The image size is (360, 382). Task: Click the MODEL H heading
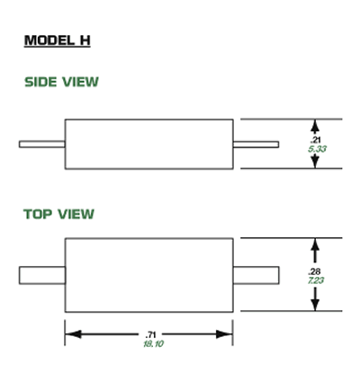pos(57,40)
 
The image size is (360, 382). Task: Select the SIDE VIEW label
pos(61,82)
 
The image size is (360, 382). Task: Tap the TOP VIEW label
pos(58,214)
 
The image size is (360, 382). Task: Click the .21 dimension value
pos(315,139)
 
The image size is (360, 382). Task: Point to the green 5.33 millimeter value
pos(317,149)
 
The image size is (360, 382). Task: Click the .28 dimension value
pos(314,271)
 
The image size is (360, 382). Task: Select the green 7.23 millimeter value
pos(316,280)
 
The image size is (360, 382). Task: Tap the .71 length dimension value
pos(150,334)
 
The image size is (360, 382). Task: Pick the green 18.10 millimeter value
pos(153,344)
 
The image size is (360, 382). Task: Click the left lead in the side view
pos(42,145)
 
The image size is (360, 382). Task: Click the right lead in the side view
pos(256,145)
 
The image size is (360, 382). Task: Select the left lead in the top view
pos(42,275)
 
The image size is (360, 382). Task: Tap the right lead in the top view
pos(256,275)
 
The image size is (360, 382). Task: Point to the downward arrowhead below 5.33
pos(315,163)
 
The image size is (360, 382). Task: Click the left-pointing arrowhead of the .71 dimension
pos(73,334)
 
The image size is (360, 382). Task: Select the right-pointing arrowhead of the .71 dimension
pos(224,334)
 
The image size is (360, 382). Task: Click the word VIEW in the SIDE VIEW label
pos(80,82)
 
